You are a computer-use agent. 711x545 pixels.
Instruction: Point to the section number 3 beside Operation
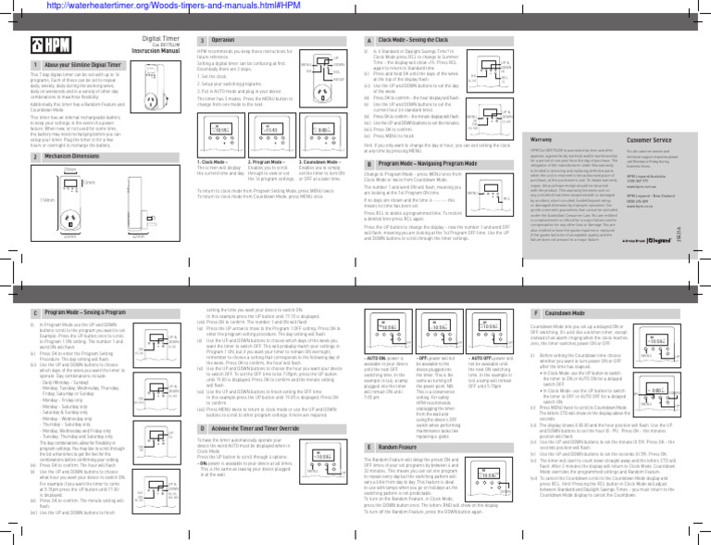[x=202, y=41]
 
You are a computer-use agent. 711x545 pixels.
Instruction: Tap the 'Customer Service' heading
[x=648, y=136]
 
